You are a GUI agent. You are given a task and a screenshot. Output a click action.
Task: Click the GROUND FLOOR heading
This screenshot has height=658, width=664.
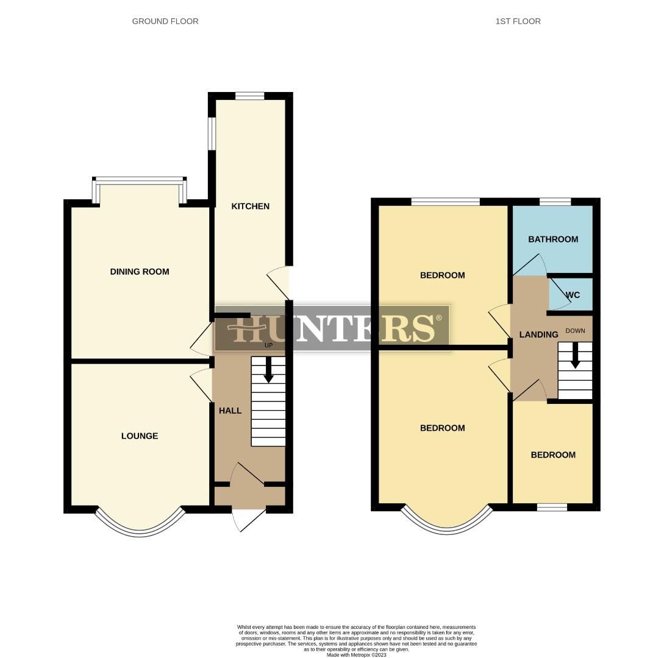[x=165, y=21]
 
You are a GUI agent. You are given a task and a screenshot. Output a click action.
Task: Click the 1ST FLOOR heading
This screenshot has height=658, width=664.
[x=518, y=21]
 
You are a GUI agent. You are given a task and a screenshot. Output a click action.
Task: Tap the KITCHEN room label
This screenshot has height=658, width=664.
[x=250, y=207]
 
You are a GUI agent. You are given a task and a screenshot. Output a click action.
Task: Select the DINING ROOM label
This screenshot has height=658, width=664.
[x=140, y=272]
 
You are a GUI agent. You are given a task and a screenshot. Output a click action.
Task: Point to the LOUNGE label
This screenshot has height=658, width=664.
[x=140, y=436]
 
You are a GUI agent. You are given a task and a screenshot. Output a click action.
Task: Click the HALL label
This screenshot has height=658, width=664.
[x=230, y=411]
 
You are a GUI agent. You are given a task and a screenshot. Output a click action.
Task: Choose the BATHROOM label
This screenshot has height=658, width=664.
[x=553, y=239]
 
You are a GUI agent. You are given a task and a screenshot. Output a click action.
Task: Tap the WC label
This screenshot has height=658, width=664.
[x=573, y=295]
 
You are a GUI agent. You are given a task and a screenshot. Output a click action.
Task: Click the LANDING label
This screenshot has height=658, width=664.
[x=538, y=334]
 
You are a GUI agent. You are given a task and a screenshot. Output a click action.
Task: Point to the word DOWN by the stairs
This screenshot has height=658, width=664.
[x=575, y=331]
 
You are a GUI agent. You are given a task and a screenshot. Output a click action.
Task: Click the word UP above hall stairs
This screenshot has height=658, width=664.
[x=268, y=345]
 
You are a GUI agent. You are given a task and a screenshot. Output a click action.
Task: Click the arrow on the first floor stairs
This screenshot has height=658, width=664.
[x=574, y=356]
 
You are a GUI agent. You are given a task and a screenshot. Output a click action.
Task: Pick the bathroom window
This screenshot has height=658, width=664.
[x=555, y=202]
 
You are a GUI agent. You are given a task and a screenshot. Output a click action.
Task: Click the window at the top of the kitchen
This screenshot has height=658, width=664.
[x=249, y=96]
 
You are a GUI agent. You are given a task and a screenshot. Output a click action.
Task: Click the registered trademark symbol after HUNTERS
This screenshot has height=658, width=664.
[x=438, y=319]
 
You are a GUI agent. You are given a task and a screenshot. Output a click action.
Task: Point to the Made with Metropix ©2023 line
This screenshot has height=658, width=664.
[x=356, y=655]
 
